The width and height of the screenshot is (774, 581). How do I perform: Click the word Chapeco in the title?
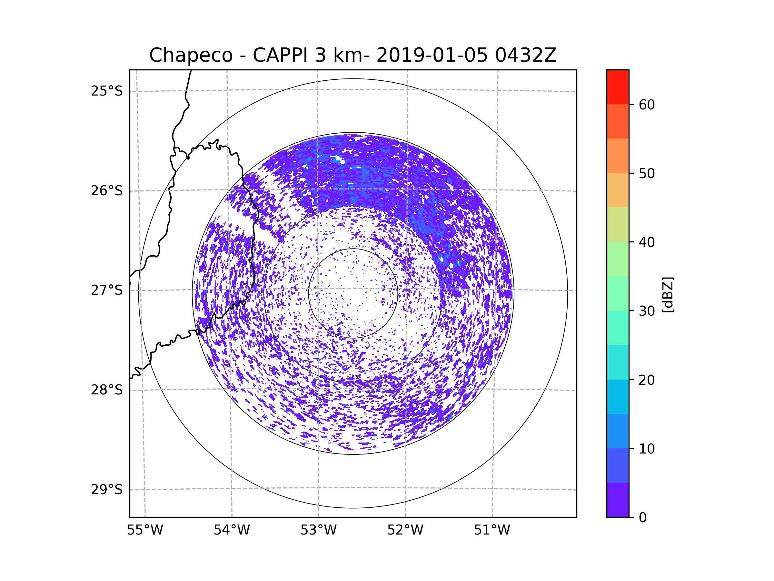pos(191,55)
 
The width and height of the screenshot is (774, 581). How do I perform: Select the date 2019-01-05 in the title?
pos(432,55)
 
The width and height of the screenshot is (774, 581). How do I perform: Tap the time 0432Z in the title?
pos(526,55)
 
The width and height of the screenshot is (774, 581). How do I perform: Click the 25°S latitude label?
pos(107,91)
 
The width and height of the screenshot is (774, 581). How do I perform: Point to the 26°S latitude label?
pos(107,191)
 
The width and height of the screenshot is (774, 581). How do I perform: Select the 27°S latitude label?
pos(107,290)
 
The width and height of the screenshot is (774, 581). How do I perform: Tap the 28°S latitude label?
pos(107,390)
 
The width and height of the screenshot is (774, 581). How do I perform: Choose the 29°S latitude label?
pos(107,490)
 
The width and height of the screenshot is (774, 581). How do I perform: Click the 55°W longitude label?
pos(145,530)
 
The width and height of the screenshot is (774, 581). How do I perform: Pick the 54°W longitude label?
pos(232,530)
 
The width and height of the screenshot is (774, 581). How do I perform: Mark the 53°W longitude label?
pos(318,530)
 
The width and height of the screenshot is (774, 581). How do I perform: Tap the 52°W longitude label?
pos(405,530)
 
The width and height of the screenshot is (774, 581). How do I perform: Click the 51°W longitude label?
pos(492,530)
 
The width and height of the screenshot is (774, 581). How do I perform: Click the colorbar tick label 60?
pos(647,105)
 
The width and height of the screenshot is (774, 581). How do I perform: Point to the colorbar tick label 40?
pos(647,242)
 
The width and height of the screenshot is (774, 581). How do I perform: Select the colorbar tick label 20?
pos(647,380)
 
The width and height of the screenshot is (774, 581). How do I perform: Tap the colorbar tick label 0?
pos(643,518)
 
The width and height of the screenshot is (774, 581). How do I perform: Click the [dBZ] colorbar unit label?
pos(668,294)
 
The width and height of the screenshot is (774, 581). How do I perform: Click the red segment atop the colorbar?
pos(618,87)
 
